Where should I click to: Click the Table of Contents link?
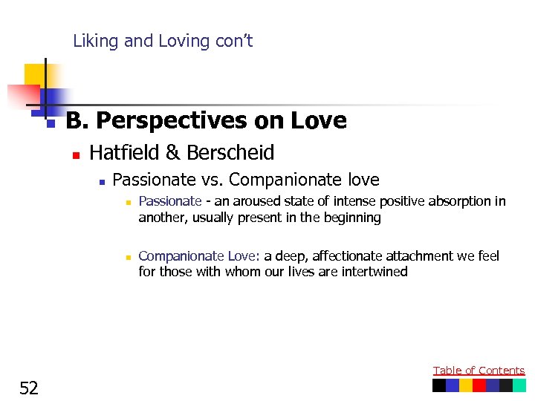(479, 371)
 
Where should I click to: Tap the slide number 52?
(29, 388)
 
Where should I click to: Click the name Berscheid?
(230, 153)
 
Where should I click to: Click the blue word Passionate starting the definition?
(170, 201)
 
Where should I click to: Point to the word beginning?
(348, 218)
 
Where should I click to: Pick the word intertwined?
(374, 272)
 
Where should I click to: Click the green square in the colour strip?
(519, 385)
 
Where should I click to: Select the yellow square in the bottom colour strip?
(466, 385)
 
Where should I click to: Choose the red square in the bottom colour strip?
(479, 385)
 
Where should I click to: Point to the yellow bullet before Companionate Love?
(128, 257)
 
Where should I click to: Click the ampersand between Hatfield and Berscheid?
(172, 153)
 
